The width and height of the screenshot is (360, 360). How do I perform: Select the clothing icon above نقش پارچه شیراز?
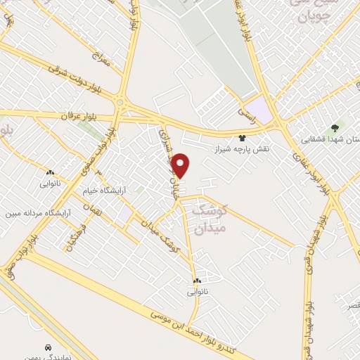pos(243,138)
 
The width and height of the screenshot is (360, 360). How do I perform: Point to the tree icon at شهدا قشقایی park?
pos(335,128)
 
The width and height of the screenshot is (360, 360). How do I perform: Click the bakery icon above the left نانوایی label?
pos(50,172)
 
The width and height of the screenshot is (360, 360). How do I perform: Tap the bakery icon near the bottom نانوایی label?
pos(197,281)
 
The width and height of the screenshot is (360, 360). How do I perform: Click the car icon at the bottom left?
pos(48,347)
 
